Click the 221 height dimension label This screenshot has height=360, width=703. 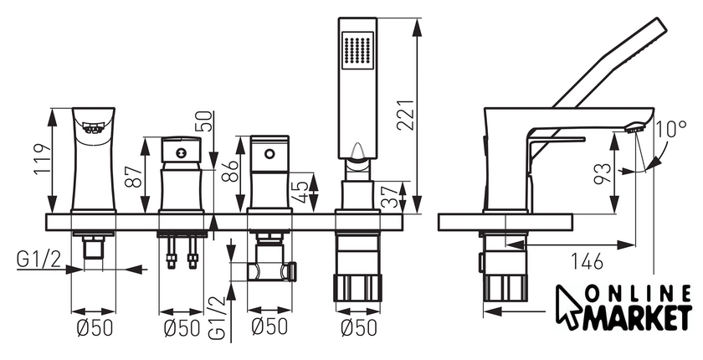pos(406,115)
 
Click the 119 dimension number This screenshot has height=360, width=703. pos(42,160)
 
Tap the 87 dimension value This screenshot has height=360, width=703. pos(133,176)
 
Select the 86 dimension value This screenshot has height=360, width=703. pos(230,169)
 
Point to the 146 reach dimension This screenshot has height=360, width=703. pos(588,262)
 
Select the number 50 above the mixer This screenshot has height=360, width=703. pos(206,121)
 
